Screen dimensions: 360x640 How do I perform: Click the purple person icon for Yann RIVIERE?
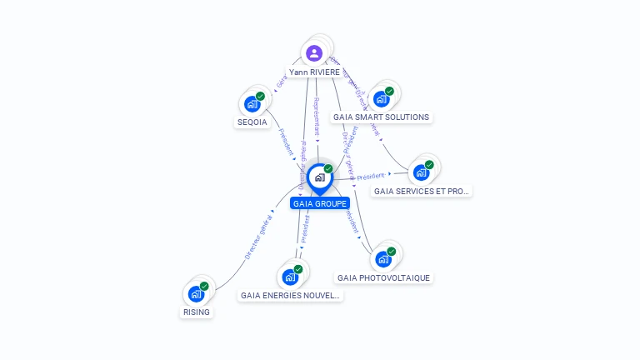click(314, 52)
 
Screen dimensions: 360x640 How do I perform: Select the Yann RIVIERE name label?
click(314, 72)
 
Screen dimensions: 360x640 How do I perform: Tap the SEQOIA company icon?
click(252, 104)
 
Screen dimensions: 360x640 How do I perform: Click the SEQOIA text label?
click(252, 122)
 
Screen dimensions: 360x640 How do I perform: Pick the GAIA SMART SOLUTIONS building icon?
click(381, 99)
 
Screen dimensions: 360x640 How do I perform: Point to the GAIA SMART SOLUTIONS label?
click(381, 117)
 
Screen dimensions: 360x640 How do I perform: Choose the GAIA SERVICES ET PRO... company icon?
click(421, 172)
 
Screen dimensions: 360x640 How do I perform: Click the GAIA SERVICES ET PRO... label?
click(421, 191)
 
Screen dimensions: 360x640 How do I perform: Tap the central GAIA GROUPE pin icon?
click(319, 177)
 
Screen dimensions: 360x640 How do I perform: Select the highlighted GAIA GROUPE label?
click(320, 203)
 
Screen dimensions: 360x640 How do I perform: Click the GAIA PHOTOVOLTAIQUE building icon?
click(382, 259)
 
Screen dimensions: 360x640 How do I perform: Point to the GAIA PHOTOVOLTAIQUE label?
click(384, 277)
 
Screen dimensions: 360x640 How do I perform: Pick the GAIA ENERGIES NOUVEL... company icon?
click(290, 277)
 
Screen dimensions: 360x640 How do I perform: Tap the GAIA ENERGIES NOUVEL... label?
click(290, 295)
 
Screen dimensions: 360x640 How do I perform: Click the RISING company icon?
click(196, 293)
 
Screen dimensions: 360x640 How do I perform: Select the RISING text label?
click(197, 312)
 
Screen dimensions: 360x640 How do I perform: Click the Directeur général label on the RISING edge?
click(258, 237)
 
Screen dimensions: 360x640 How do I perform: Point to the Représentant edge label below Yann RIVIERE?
click(317, 117)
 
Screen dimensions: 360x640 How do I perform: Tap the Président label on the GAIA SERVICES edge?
click(371, 176)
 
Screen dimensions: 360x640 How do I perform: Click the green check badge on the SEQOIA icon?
click(260, 97)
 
